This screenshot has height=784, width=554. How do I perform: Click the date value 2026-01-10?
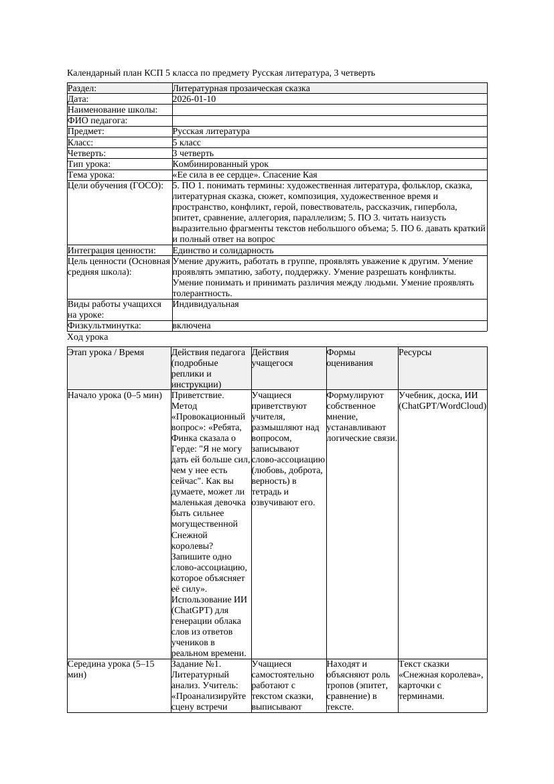pos(194,99)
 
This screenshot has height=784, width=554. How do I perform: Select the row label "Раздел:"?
pos(82,88)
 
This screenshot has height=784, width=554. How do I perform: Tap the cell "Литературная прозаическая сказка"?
pos(240,88)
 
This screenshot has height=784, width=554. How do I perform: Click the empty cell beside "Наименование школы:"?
pos(328,110)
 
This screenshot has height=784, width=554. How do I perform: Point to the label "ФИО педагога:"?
pos(98,121)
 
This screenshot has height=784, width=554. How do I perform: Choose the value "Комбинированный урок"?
pos(220,164)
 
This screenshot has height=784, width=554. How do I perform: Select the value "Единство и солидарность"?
pos(222,251)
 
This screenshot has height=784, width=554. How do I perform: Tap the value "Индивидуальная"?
pos(206,304)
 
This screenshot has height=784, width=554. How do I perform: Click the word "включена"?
pos(192,326)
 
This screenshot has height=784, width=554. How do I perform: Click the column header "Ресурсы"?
pos(415,352)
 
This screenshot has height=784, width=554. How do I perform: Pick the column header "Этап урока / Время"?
pos(106,352)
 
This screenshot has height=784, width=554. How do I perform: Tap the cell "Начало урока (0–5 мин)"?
pos(115,395)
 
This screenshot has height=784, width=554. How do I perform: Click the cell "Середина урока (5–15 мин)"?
pos(111,669)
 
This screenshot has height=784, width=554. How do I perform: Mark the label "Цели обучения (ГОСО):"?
pos(115,186)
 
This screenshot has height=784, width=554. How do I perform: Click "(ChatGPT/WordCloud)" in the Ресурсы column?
pos(442,406)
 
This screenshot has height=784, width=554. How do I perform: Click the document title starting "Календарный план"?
pos(221,72)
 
